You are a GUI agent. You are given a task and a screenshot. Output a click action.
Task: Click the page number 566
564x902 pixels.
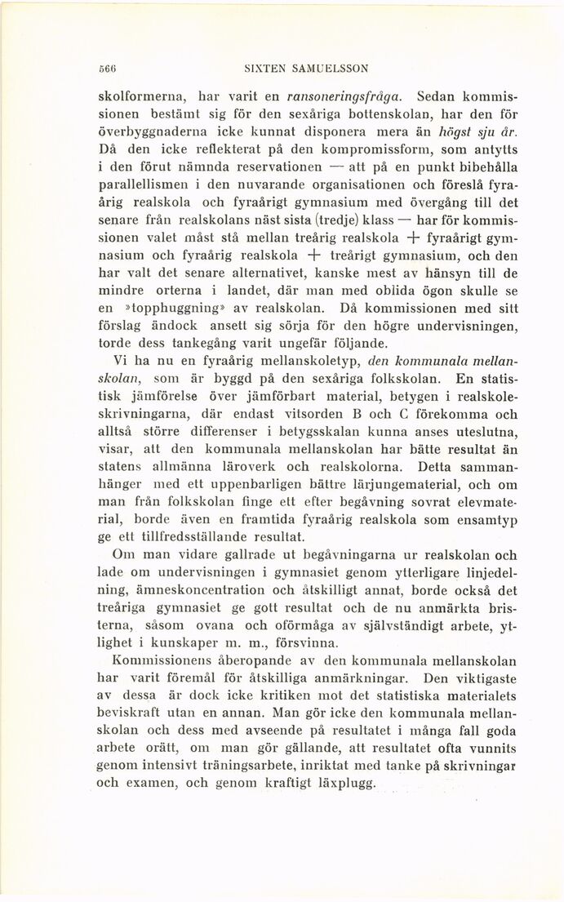tap(104, 69)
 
